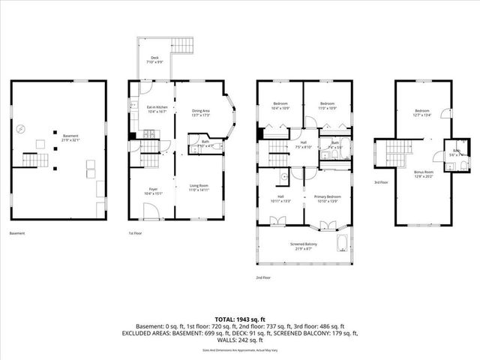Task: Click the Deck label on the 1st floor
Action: [154, 58]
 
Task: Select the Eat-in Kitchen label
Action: [156, 109]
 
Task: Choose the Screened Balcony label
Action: [303, 246]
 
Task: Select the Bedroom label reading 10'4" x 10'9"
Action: [279, 105]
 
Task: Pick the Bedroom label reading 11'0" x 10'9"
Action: [327, 105]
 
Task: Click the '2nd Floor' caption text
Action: [263, 277]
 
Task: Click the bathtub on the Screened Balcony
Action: [343, 244]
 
